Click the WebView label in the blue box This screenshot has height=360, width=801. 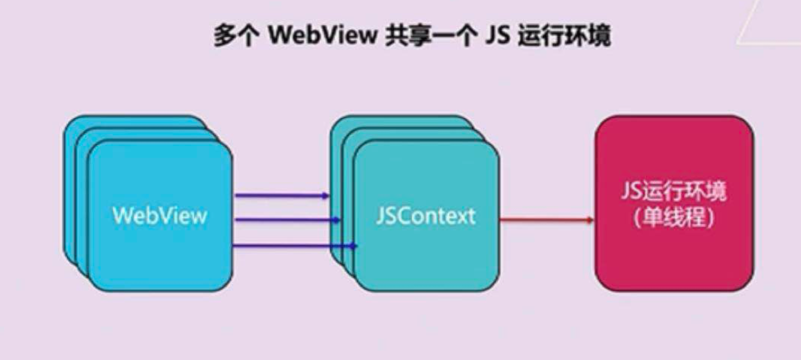pos(160,215)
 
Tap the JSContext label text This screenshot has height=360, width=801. pos(426,216)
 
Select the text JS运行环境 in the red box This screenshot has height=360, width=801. pos(674,195)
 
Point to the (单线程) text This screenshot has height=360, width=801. pos(674,218)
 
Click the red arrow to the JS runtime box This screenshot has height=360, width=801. pos(547,220)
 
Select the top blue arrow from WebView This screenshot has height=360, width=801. pos(282,195)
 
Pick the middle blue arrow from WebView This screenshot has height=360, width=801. pos(287,220)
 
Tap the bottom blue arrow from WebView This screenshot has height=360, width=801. pos(295,245)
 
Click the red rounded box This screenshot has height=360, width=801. pos(674,203)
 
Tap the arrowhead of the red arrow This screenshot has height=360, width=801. pos(590,220)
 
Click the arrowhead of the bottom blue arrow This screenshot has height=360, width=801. pos(353,245)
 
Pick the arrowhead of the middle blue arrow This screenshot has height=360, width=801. pos(337,220)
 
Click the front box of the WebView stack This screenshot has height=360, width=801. pos(160,215)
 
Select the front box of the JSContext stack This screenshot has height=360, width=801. pos(426,215)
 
